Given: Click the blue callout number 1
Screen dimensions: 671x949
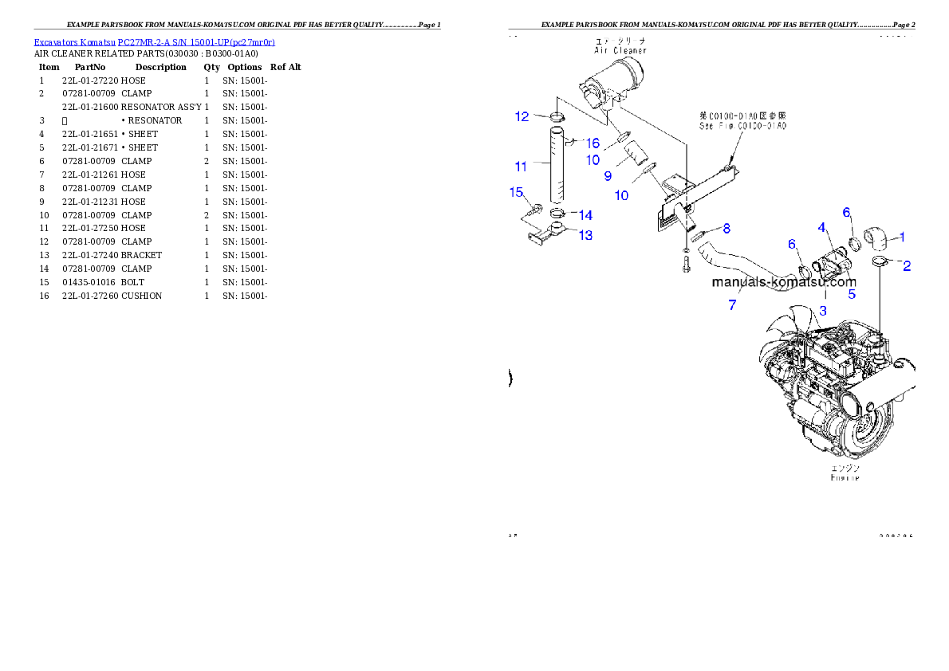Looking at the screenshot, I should (x=902, y=237).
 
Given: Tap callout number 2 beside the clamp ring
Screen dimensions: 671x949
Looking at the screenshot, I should (x=907, y=266).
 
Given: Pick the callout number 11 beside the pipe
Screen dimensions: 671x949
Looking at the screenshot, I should (x=521, y=167).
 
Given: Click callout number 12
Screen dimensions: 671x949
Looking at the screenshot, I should (x=522, y=116).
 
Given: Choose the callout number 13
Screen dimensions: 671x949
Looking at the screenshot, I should (x=585, y=235).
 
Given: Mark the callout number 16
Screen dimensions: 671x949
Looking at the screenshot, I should (x=593, y=143).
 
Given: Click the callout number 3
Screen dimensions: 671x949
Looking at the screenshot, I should (x=824, y=309).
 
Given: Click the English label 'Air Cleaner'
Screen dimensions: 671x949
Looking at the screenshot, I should (x=620, y=50).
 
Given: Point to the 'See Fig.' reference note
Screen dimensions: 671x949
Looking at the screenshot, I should (x=742, y=126).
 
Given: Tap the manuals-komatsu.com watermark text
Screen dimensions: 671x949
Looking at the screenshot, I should (x=783, y=282).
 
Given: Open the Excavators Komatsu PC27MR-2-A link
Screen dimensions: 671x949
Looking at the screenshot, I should (x=154, y=42).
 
